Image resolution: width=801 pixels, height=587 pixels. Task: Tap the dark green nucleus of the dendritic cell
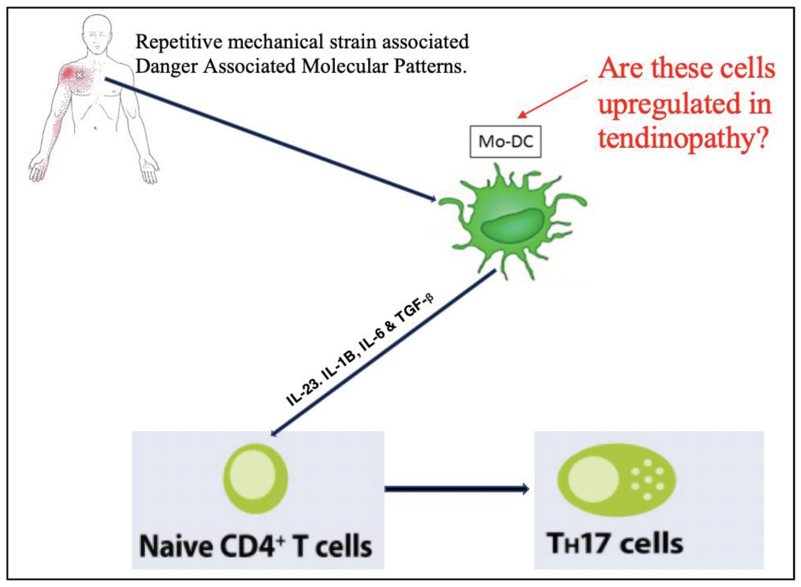512,226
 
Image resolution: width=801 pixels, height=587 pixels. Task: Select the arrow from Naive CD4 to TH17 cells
457,489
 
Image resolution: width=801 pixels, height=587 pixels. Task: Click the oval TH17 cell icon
616,480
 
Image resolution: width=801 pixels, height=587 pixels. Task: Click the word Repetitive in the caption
179,42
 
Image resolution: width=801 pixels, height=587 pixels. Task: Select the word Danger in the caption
166,66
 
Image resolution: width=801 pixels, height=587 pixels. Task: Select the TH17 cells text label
614,544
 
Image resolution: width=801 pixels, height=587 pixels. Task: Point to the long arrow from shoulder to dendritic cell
270,139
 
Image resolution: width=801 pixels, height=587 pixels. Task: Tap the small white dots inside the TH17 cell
647,480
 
